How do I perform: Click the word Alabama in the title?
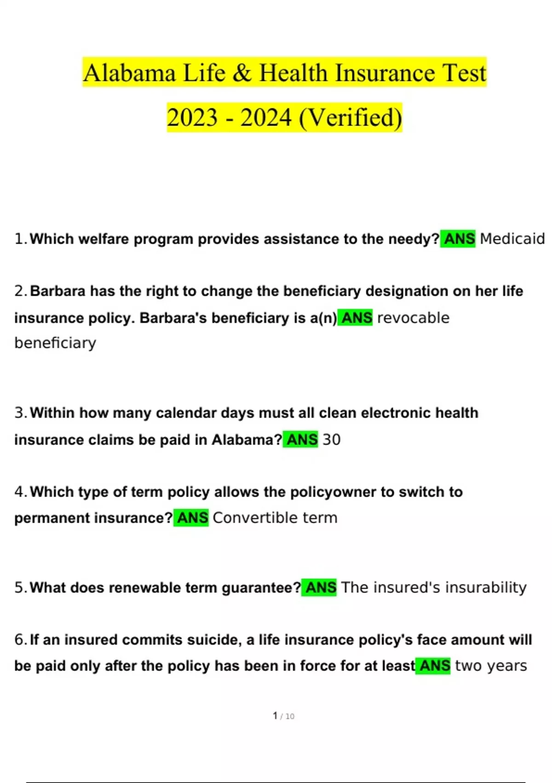(130, 73)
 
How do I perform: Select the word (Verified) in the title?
(351, 117)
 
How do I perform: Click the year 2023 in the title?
(192, 117)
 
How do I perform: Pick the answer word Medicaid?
(512, 239)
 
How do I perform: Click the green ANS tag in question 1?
(458, 239)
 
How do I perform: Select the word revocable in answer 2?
(413, 318)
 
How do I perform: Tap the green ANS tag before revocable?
(356, 318)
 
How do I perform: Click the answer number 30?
(331, 439)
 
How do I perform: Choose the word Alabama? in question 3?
(247, 439)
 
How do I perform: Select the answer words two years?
(491, 666)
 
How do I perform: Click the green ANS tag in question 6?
(433, 666)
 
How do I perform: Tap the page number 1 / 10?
(283, 716)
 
